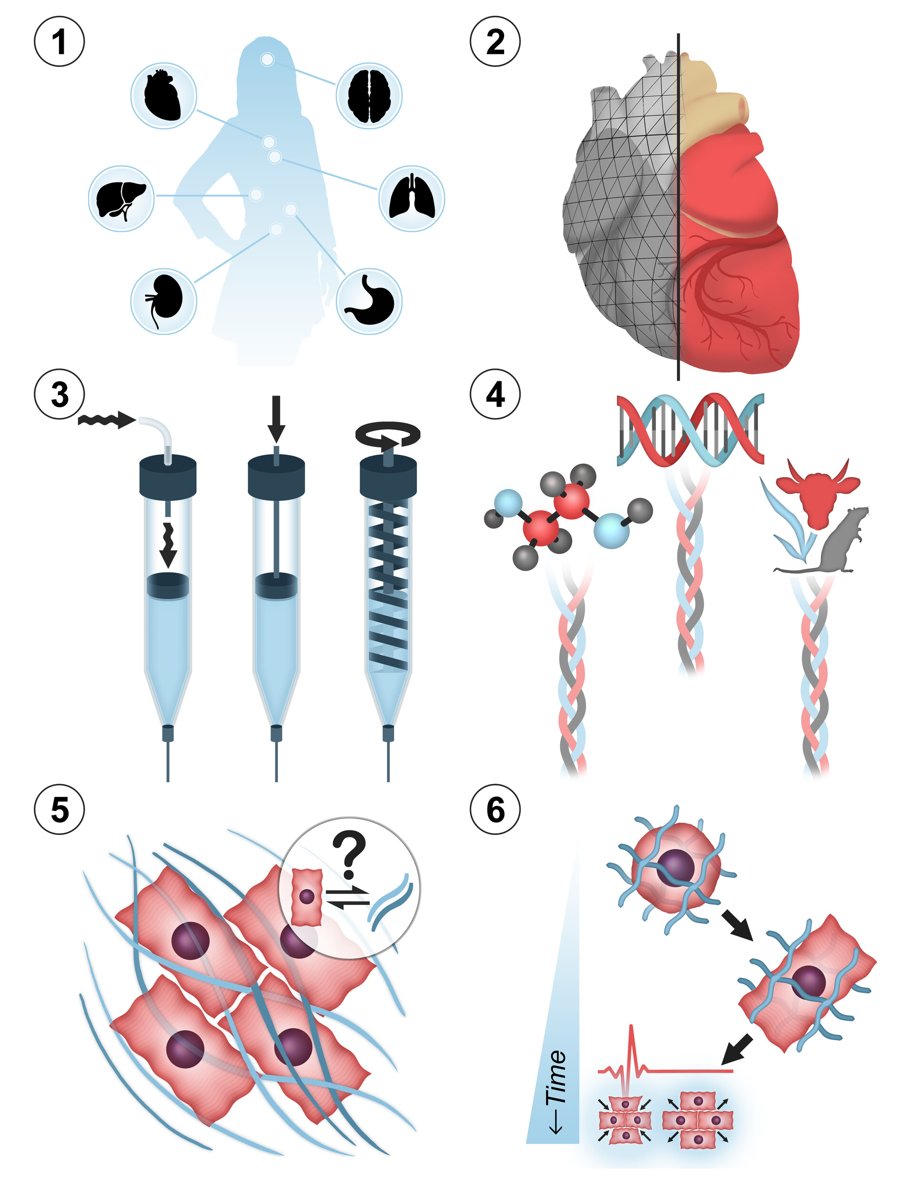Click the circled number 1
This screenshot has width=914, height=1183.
point(59,42)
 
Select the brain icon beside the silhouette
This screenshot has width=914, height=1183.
point(369,95)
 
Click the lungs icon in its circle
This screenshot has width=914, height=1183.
point(411,198)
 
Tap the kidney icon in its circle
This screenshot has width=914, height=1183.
point(163,300)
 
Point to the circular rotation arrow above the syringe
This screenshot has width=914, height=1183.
point(388,436)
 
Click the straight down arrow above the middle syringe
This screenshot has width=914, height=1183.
point(276,418)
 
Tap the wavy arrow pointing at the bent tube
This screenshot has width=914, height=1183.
point(106,419)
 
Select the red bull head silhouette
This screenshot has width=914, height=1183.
point(817,491)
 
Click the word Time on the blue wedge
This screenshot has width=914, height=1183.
point(557,1078)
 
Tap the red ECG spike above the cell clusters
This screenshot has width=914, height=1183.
point(631,1053)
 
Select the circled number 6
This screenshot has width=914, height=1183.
point(495,810)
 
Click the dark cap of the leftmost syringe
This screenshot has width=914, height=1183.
point(168,477)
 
